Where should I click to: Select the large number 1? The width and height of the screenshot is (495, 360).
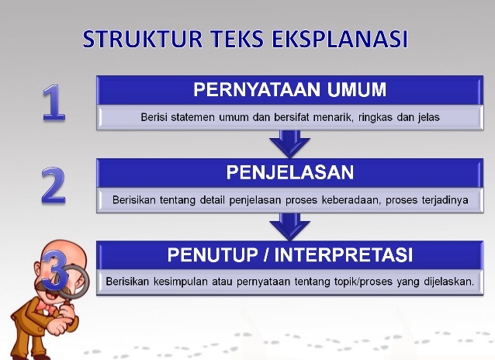[x=53, y=103]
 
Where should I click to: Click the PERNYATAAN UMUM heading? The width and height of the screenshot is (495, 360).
[x=289, y=90]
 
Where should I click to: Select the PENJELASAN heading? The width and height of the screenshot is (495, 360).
[x=289, y=171]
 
